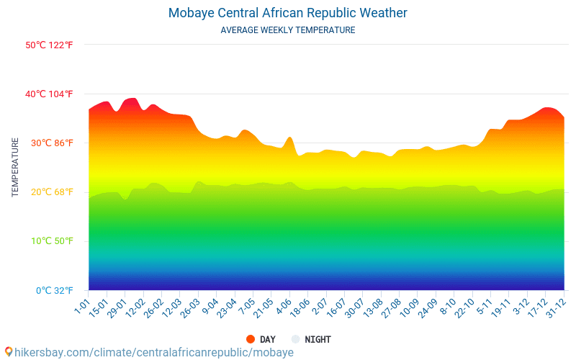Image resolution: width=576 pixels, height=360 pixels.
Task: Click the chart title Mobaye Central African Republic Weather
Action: pos(287,13)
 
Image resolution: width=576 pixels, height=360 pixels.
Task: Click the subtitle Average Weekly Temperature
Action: pos(287,30)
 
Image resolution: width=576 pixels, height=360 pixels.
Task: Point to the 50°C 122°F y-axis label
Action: pos(50,45)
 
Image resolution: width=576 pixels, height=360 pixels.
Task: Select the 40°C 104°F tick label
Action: pos(50,94)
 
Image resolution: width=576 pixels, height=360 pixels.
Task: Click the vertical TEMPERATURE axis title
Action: pos(15,168)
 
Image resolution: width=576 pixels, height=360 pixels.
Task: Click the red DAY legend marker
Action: pos(251,339)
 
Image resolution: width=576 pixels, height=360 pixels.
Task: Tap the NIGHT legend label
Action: pos(318,339)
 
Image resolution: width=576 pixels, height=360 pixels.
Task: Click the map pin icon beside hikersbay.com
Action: pos(9,352)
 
